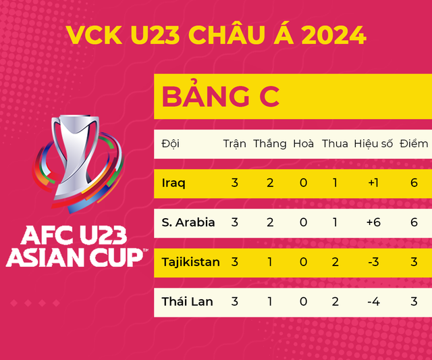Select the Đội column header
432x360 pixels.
[171, 144]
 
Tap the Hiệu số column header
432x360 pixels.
[373, 144]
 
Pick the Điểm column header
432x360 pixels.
[414, 144]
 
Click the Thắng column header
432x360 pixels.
[270, 144]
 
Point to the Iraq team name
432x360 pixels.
[173, 183]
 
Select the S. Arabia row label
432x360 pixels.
[188, 222]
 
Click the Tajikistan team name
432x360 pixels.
[190, 262]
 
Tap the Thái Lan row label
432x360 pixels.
[187, 301]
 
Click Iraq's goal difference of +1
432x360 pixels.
[373, 183]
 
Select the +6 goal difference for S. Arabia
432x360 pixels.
[373, 222]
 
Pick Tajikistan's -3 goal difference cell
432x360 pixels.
[373, 262]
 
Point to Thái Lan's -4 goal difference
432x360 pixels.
[373, 301]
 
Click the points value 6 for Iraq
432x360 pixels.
[414, 183]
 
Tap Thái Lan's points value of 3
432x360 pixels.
[414, 301]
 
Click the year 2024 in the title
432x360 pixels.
[329, 34]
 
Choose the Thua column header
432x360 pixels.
[335, 144]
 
